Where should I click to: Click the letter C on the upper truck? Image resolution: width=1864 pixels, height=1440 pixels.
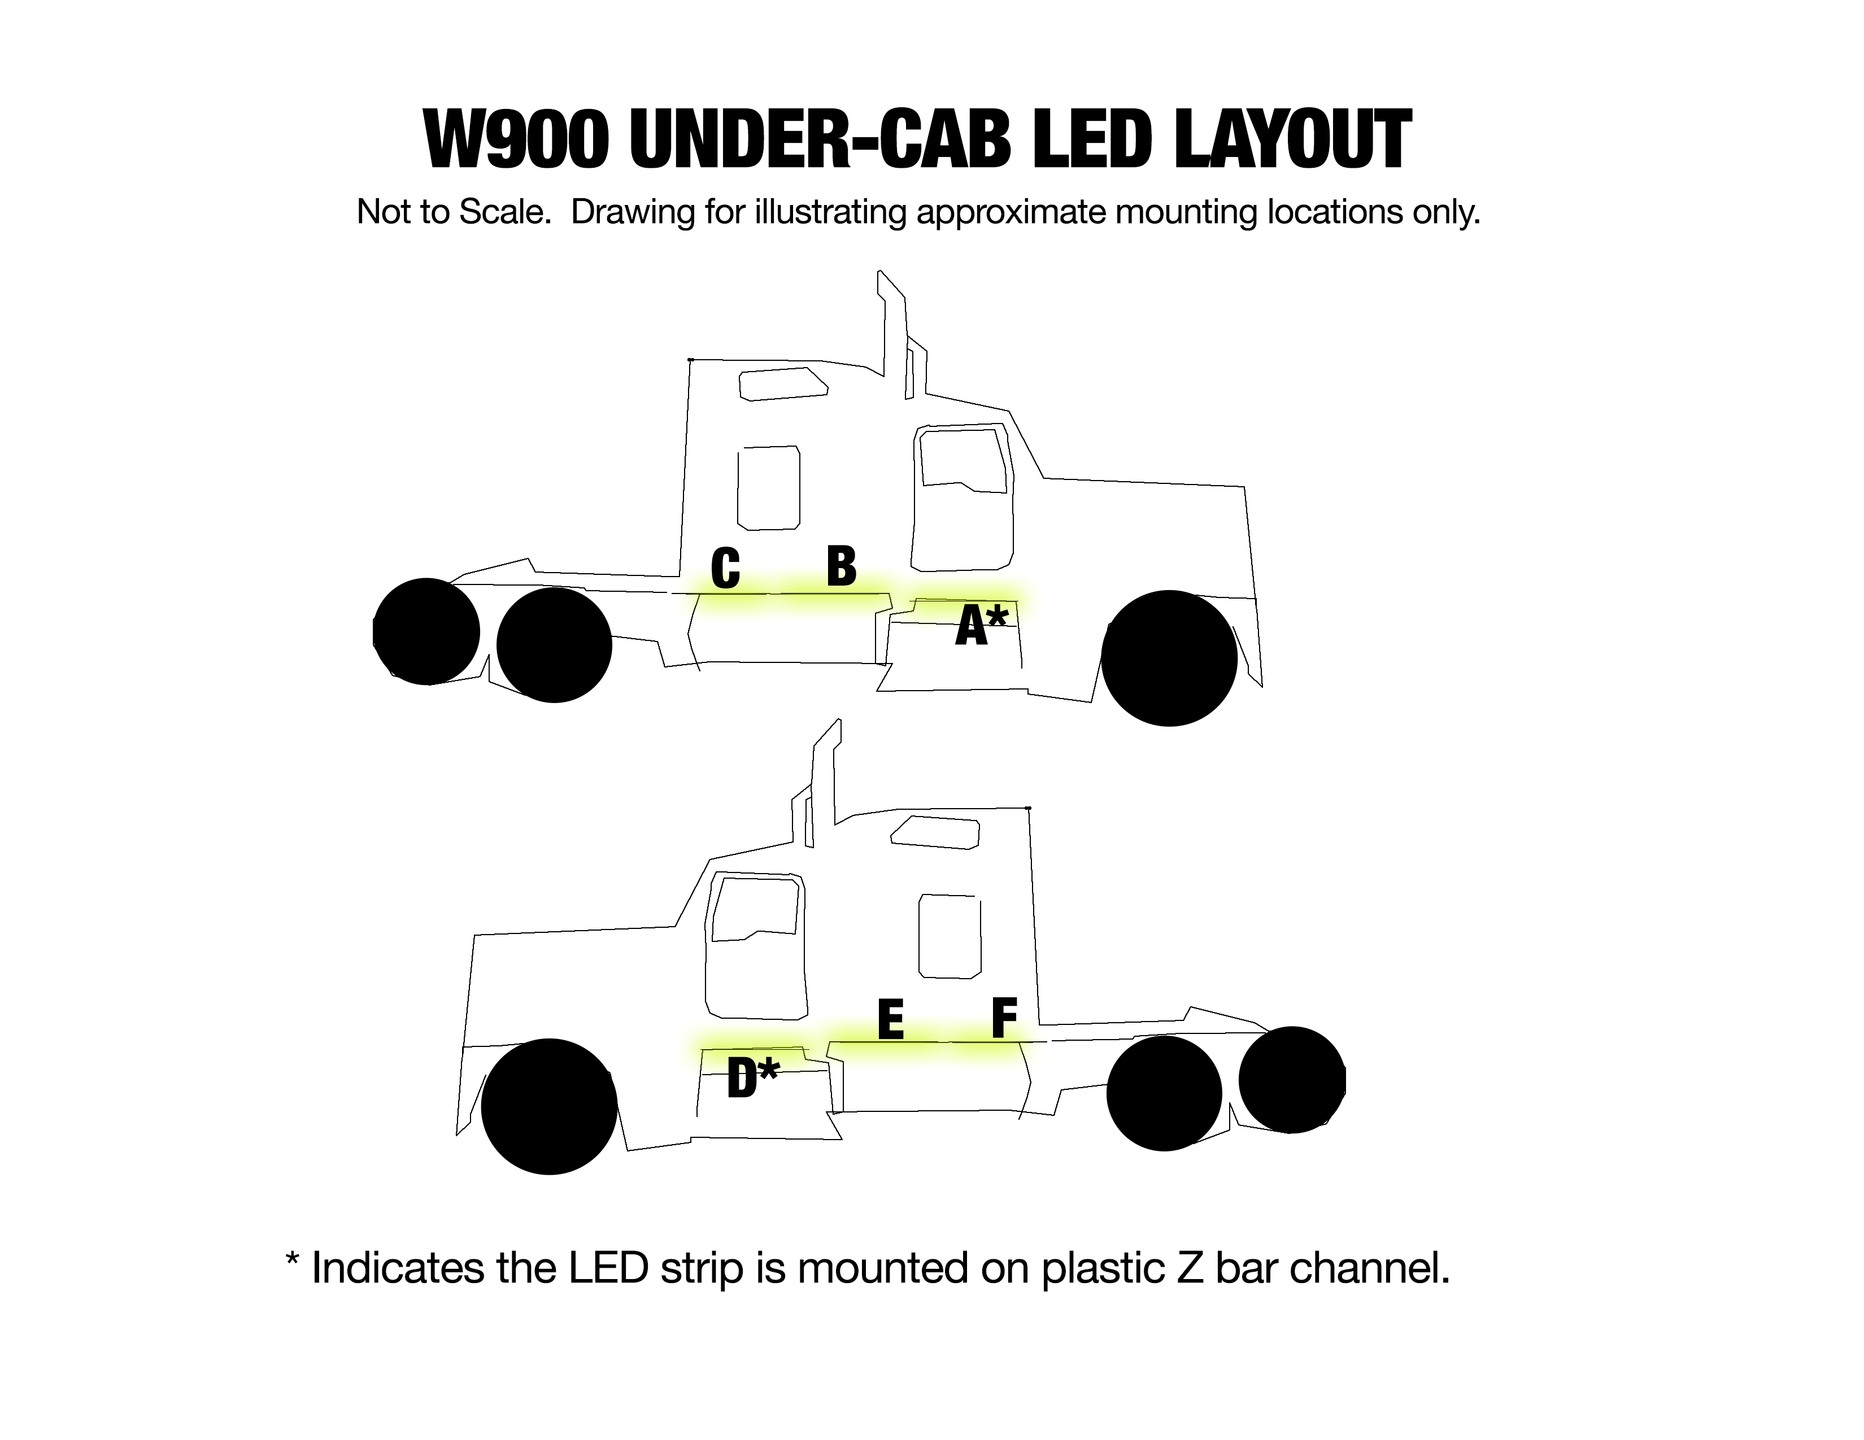(725, 569)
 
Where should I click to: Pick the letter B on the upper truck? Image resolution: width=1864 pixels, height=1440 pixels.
(842, 566)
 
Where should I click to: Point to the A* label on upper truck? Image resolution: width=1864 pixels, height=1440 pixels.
(982, 625)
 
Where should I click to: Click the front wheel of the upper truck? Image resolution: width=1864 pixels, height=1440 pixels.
(1169, 658)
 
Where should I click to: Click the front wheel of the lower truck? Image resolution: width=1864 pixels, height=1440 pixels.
(549, 1106)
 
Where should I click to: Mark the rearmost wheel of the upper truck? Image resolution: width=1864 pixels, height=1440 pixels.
(426, 631)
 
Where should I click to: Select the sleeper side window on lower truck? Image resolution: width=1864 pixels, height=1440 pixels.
(949, 936)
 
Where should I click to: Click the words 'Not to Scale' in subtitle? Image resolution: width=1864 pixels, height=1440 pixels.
(452, 212)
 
